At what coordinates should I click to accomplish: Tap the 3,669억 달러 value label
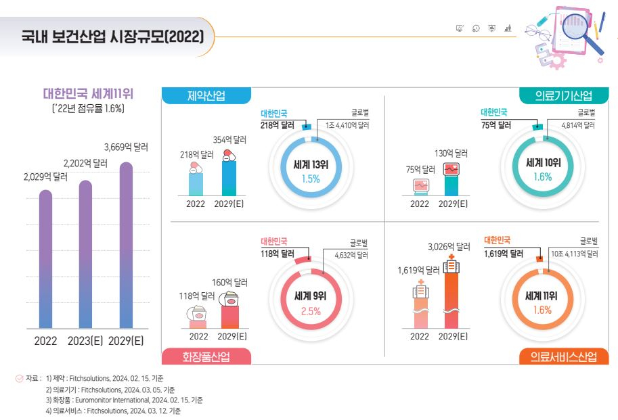(x=126, y=146)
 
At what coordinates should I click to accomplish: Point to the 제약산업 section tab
(x=206, y=95)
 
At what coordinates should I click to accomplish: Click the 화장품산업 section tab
(x=206, y=356)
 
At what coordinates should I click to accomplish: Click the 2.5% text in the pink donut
(x=311, y=311)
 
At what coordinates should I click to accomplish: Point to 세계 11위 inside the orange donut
(x=543, y=296)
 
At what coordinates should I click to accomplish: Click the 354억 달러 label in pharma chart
(x=229, y=140)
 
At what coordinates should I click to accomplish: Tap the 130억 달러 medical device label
(x=451, y=154)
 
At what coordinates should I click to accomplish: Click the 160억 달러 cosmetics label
(x=230, y=282)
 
